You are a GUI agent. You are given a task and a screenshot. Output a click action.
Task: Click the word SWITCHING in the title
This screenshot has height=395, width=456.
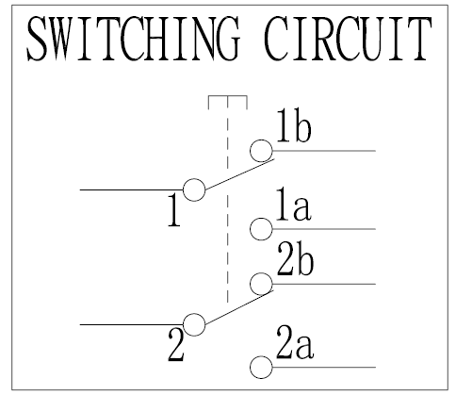[x=134, y=39]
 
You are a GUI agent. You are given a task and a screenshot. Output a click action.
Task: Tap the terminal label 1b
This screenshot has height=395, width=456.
[x=294, y=125]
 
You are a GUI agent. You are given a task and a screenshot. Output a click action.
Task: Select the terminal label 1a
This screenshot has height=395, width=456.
[x=293, y=204]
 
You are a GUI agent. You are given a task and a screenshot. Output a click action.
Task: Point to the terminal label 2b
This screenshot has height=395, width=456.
[x=295, y=259]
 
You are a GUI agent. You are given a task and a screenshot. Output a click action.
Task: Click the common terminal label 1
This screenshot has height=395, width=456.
[x=174, y=210]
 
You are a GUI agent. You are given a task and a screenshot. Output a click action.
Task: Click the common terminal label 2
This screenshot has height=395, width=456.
[x=176, y=345]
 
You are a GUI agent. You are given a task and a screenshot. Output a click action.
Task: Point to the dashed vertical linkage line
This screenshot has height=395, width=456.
[x=228, y=199]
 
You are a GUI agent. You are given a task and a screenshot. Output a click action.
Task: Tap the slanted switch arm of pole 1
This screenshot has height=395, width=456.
[x=239, y=174]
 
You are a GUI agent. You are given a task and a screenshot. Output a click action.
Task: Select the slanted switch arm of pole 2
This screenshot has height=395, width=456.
[x=239, y=306]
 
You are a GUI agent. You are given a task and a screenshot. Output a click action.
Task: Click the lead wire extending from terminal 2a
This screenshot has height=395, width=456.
[x=324, y=367]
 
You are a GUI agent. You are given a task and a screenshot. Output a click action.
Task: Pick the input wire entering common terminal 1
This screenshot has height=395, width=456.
[x=132, y=189]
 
